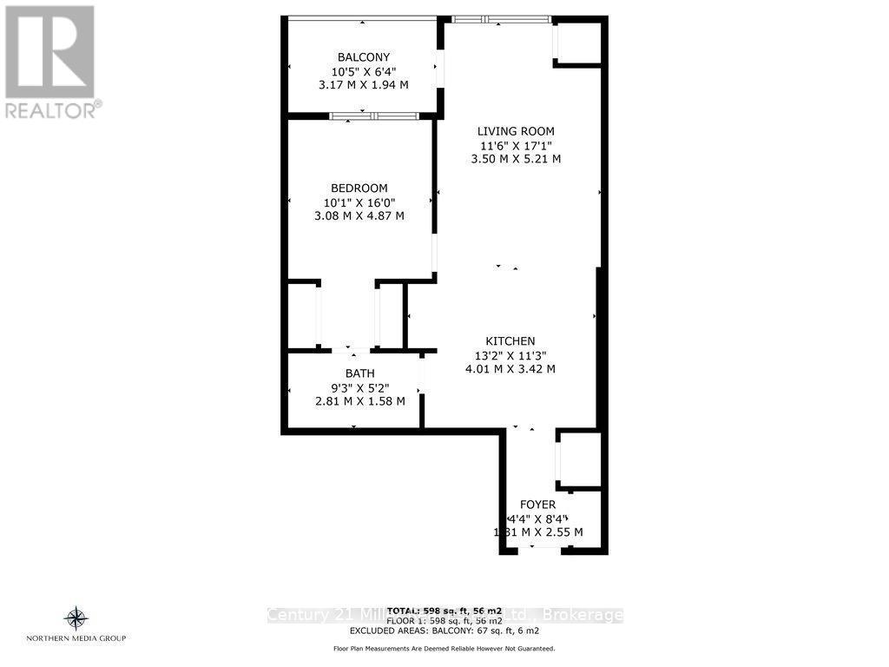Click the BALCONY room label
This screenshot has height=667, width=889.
point(362,58)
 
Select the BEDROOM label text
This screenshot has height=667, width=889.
point(359,188)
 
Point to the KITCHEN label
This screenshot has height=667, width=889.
point(510,341)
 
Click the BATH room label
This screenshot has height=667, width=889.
point(359,373)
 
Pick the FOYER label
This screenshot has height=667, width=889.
point(537,505)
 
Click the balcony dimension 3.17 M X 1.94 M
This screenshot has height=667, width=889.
point(362,85)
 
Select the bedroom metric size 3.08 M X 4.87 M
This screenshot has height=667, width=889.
point(359,215)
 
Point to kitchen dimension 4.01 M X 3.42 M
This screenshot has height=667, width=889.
point(510,369)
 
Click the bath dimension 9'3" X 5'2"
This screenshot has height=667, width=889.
point(359,387)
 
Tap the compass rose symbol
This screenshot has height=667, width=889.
point(76,618)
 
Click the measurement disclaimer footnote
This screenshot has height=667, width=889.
point(444,649)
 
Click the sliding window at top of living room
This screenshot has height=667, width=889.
point(502,19)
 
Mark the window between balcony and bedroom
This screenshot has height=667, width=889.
point(373,116)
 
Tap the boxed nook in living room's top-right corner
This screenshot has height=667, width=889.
point(578,43)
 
